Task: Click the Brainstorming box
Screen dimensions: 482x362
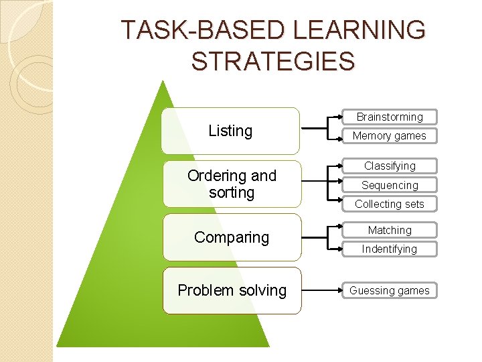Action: (x=390, y=117)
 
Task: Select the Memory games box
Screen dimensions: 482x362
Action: (x=390, y=135)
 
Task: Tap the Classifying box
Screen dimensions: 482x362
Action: (x=390, y=166)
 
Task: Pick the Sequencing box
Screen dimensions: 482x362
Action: (x=390, y=185)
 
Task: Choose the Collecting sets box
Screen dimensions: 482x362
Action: (x=390, y=204)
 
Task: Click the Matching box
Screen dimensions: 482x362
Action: (x=390, y=230)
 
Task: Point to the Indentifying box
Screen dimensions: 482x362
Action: (x=390, y=249)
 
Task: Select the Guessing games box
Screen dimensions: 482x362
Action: (x=390, y=290)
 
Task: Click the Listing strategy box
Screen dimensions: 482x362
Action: (x=231, y=131)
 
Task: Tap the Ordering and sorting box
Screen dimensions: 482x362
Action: (x=232, y=184)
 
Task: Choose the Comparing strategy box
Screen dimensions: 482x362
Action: (x=232, y=237)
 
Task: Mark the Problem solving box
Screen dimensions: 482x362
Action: (x=232, y=290)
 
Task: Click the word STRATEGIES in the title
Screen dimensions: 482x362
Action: (x=272, y=61)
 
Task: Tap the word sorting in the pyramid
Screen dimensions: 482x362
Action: (x=232, y=193)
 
